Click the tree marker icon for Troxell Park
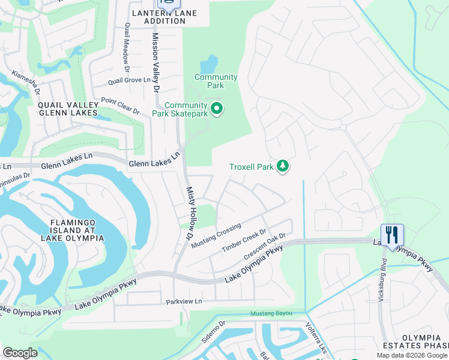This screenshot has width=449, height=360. (x=282, y=167)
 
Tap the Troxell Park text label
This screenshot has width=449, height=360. (x=252, y=167)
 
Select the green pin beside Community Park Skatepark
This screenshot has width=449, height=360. (x=217, y=109)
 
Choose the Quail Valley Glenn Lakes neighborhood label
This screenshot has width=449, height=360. (x=67, y=109)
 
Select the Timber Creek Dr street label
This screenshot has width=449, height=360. (x=243, y=241)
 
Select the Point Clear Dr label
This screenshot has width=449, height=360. (x=120, y=106)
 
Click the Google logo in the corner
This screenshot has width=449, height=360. (x=20, y=353)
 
